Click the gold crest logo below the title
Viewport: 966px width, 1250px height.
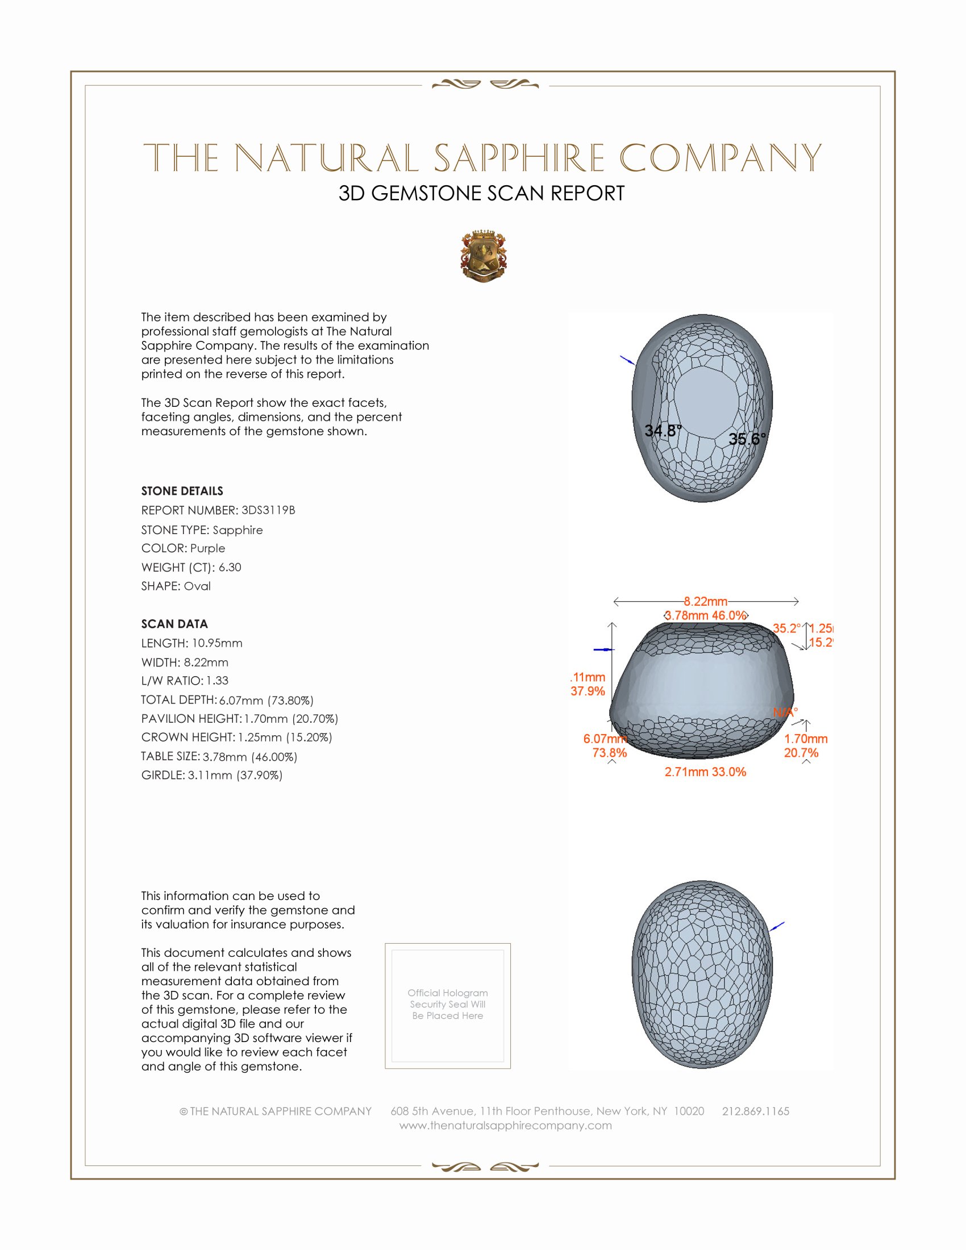click(x=484, y=256)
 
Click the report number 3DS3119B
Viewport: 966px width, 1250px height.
click(x=268, y=510)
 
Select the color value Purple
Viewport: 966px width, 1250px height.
click(x=208, y=548)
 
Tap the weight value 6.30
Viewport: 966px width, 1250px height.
click(x=230, y=567)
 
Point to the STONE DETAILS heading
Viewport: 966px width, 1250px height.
click(x=182, y=491)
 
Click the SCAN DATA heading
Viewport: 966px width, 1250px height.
click(x=174, y=624)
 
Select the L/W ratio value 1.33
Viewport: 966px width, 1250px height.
click(x=218, y=681)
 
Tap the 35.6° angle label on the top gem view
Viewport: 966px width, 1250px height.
click(x=747, y=439)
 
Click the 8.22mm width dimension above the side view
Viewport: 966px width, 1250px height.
click(x=705, y=602)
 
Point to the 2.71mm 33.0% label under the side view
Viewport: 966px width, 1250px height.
click(x=705, y=772)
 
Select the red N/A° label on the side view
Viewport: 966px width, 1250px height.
click(x=785, y=713)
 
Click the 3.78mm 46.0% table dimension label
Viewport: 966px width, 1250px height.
click(x=706, y=615)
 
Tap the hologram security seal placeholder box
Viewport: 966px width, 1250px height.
click(x=448, y=1006)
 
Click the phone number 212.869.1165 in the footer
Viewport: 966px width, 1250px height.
click(x=755, y=1111)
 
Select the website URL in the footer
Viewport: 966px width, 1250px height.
click(x=505, y=1125)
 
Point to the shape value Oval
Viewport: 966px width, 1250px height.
click(x=197, y=586)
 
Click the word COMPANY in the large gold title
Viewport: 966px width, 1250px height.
click(x=721, y=158)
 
